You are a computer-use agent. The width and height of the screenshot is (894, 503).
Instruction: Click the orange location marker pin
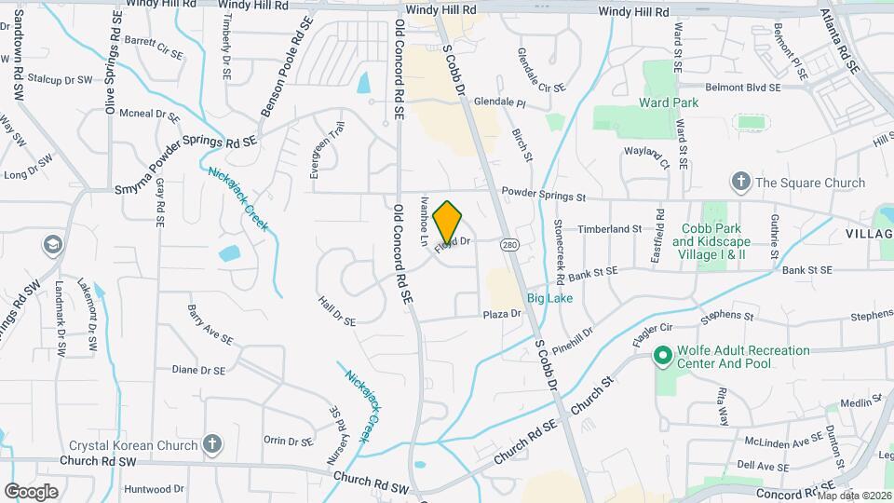(x=448, y=222)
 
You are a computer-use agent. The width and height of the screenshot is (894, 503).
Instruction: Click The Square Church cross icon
(x=740, y=182)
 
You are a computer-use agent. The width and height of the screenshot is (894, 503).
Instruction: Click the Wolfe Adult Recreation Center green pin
(x=662, y=356)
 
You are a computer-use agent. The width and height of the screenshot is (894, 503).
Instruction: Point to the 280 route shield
(x=508, y=244)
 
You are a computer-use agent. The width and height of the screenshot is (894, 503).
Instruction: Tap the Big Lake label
(x=549, y=298)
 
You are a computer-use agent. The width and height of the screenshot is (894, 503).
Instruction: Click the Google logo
(x=32, y=491)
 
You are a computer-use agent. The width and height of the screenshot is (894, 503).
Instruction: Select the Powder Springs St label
(x=543, y=197)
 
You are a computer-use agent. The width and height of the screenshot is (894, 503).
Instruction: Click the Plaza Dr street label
(x=502, y=315)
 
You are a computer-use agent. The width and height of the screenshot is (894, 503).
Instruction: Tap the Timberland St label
(x=610, y=228)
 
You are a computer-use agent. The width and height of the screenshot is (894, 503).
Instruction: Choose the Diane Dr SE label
(x=198, y=370)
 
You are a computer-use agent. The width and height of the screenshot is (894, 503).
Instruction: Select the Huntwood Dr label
(x=154, y=488)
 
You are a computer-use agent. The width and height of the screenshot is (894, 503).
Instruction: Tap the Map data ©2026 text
(x=853, y=495)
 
